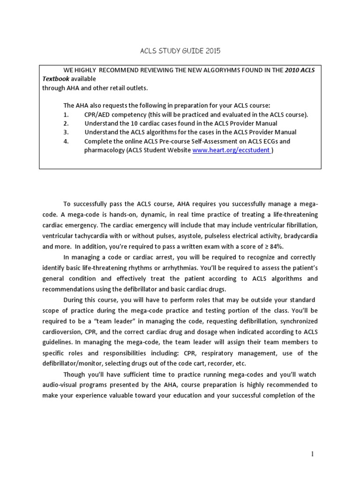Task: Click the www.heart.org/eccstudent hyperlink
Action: [x=231, y=150]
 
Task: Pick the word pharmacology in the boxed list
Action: [x=104, y=150]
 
